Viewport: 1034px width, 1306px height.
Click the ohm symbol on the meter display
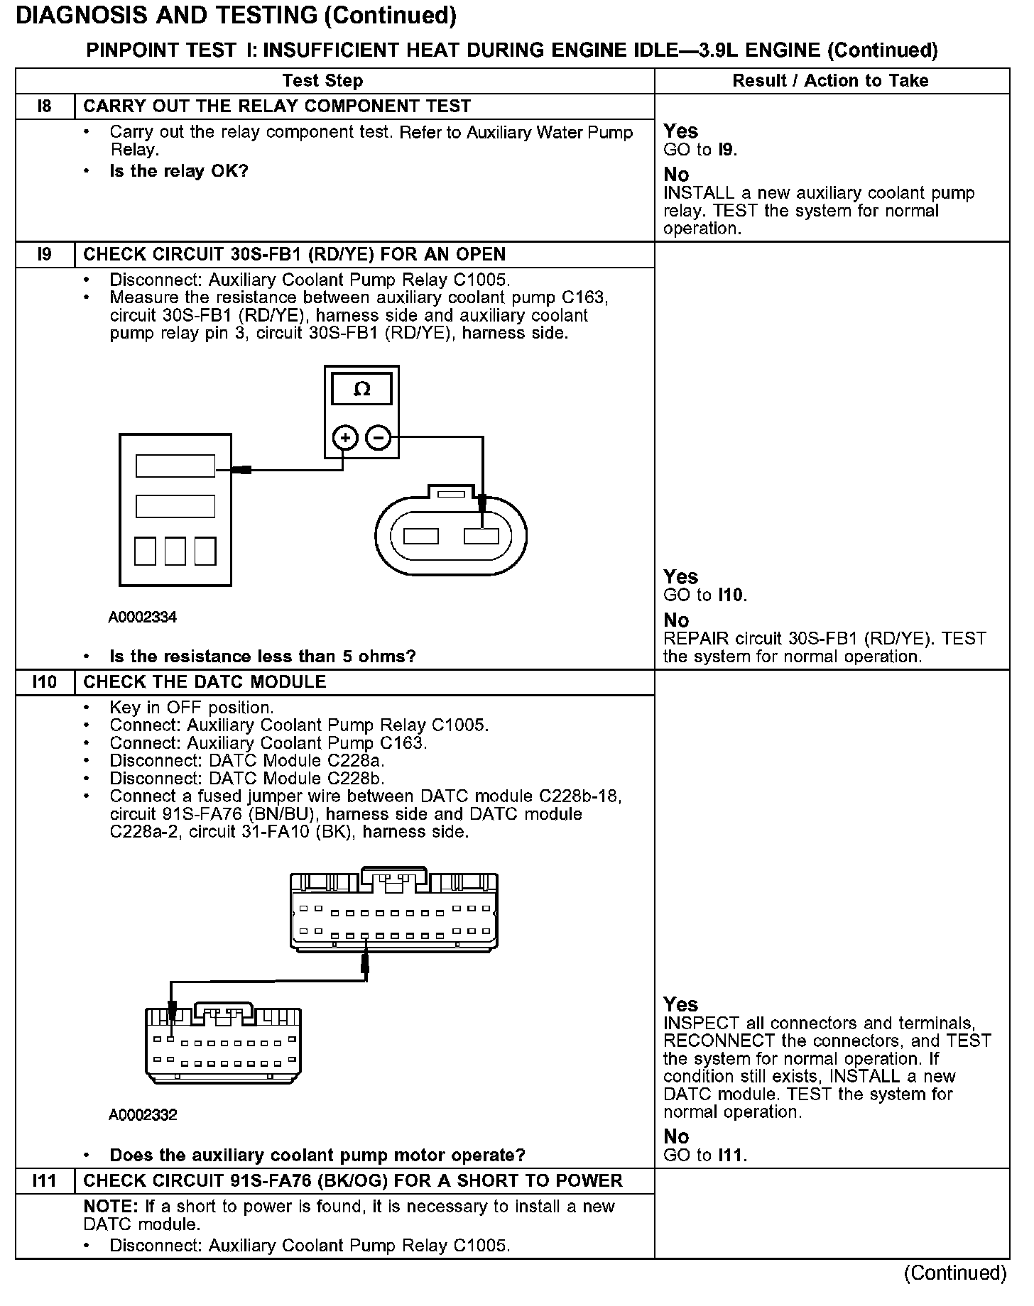point(361,389)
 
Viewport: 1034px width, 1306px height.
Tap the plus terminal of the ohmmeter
point(344,438)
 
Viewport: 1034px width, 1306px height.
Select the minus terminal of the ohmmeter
point(378,438)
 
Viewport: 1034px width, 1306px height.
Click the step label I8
point(44,106)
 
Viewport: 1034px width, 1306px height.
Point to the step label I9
point(44,255)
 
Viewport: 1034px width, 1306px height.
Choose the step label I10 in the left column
point(44,682)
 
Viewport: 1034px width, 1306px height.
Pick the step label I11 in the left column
point(44,1181)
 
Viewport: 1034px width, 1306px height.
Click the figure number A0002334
point(142,618)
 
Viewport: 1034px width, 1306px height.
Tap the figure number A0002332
point(142,1115)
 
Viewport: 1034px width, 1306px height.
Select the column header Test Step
point(322,81)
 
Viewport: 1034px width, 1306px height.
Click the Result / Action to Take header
point(830,81)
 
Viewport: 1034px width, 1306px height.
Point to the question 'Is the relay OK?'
point(179,171)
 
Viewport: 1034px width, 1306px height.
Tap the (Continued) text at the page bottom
point(955,1273)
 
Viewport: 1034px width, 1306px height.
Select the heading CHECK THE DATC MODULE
point(205,682)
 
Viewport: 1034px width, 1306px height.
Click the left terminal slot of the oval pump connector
point(421,537)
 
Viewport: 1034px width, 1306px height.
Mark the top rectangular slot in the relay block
point(175,466)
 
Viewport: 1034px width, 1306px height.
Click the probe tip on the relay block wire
point(244,469)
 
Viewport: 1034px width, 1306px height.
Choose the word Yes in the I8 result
point(680,131)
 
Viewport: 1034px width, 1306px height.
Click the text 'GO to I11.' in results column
point(704,1155)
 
